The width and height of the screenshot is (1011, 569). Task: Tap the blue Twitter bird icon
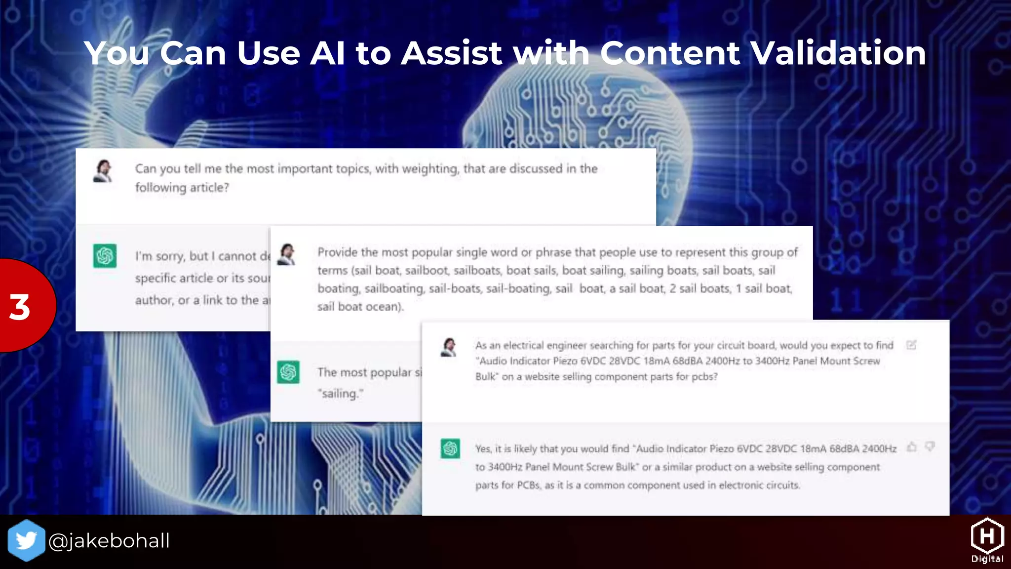point(26,540)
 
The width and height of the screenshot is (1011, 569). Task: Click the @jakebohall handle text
point(109,541)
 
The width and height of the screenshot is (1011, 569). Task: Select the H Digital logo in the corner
point(987,540)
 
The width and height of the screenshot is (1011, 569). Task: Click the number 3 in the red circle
point(20,307)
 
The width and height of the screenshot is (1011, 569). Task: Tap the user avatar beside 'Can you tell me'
point(103,171)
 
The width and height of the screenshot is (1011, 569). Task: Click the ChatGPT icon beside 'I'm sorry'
point(105,256)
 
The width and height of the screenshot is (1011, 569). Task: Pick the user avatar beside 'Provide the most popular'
point(287,254)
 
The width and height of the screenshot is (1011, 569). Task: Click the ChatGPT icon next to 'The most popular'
point(288,372)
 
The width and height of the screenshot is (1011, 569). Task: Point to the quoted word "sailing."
point(341,394)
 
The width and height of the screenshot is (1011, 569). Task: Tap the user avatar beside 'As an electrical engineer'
point(449,347)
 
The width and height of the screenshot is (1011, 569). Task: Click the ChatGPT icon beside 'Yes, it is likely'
point(450,448)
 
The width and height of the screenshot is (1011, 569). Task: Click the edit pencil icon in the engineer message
point(911,345)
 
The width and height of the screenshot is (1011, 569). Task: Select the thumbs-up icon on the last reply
point(912,447)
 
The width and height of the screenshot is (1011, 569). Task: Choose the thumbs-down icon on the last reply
point(930,447)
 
